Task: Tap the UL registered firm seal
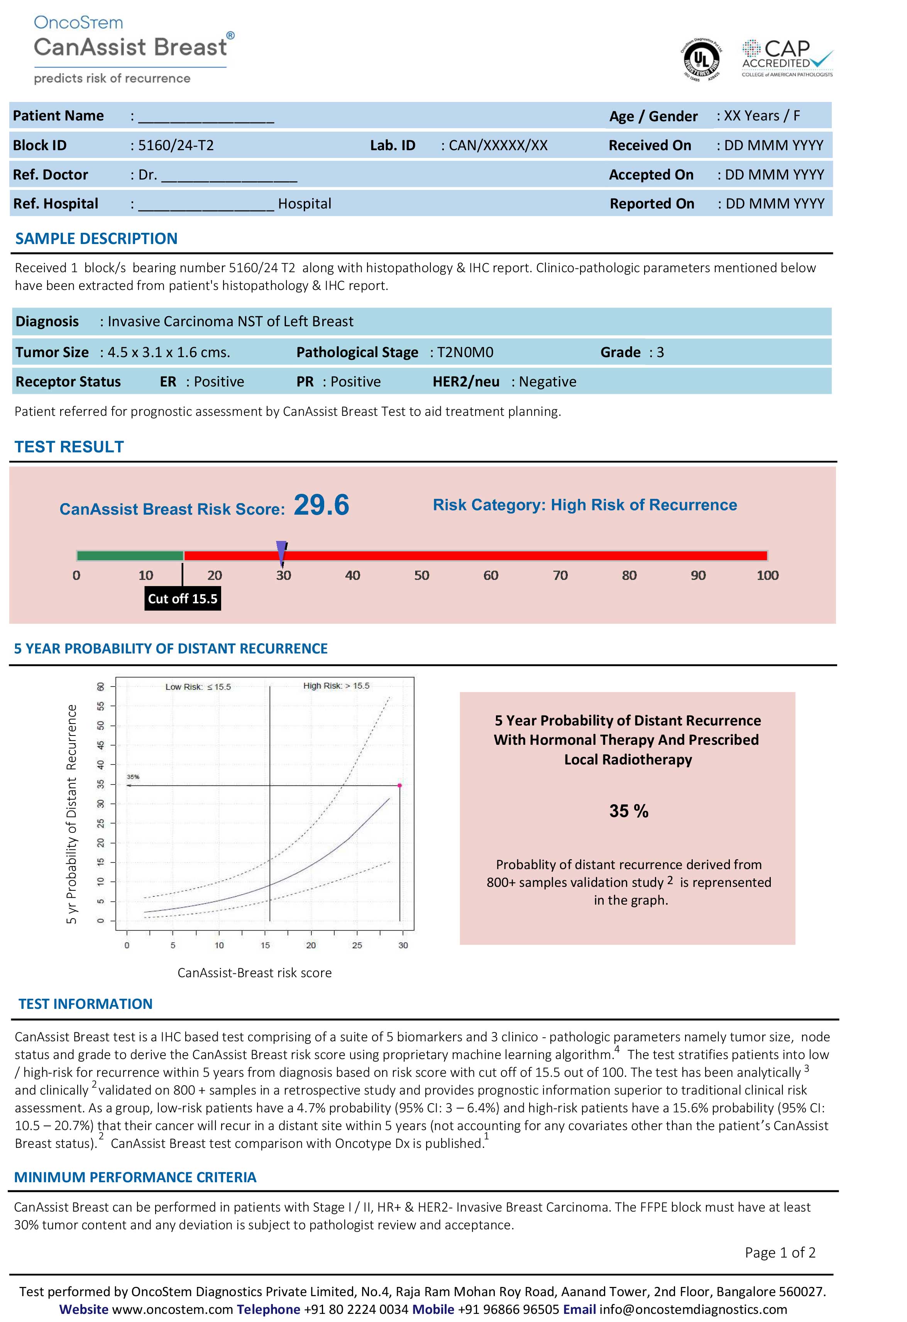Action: click(x=703, y=59)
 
